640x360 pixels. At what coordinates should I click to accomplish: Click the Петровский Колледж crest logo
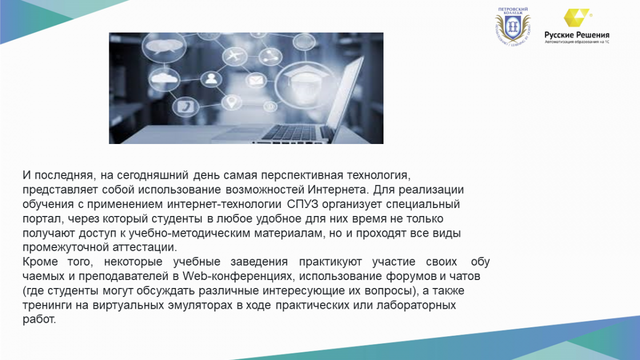pyautogui.click(x=513, y=27)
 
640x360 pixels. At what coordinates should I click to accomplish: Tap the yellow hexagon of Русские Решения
pyautogui.click(x=575, y=18)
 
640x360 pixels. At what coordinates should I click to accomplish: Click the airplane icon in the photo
pyautogui.click(x=235, y=55)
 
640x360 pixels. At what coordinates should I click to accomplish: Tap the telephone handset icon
pyautogui.click(x=186, y=107)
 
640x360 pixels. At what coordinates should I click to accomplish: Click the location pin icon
pyautogui.click(x=231, y=102)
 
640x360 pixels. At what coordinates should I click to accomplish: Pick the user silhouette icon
pyautogui.click(x=211, y=78)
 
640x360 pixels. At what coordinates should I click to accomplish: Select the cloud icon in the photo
pyautogui.click(x=164, y=78)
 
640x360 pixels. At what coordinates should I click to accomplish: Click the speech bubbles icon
pyautogui.click(x=164, y=46)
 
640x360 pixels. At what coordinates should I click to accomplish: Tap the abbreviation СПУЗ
pyautogui.click(x=302, y=204)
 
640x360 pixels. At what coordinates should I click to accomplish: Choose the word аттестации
pyautogui.click(x=145, y=247)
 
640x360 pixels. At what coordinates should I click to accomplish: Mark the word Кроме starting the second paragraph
pyautogui.click(x=41, y=262)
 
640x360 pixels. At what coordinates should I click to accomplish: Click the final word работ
pyautogui.click(x=39, y=319)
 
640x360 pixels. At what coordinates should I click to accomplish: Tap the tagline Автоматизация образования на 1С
pyautogui.click(x=577, y=42)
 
